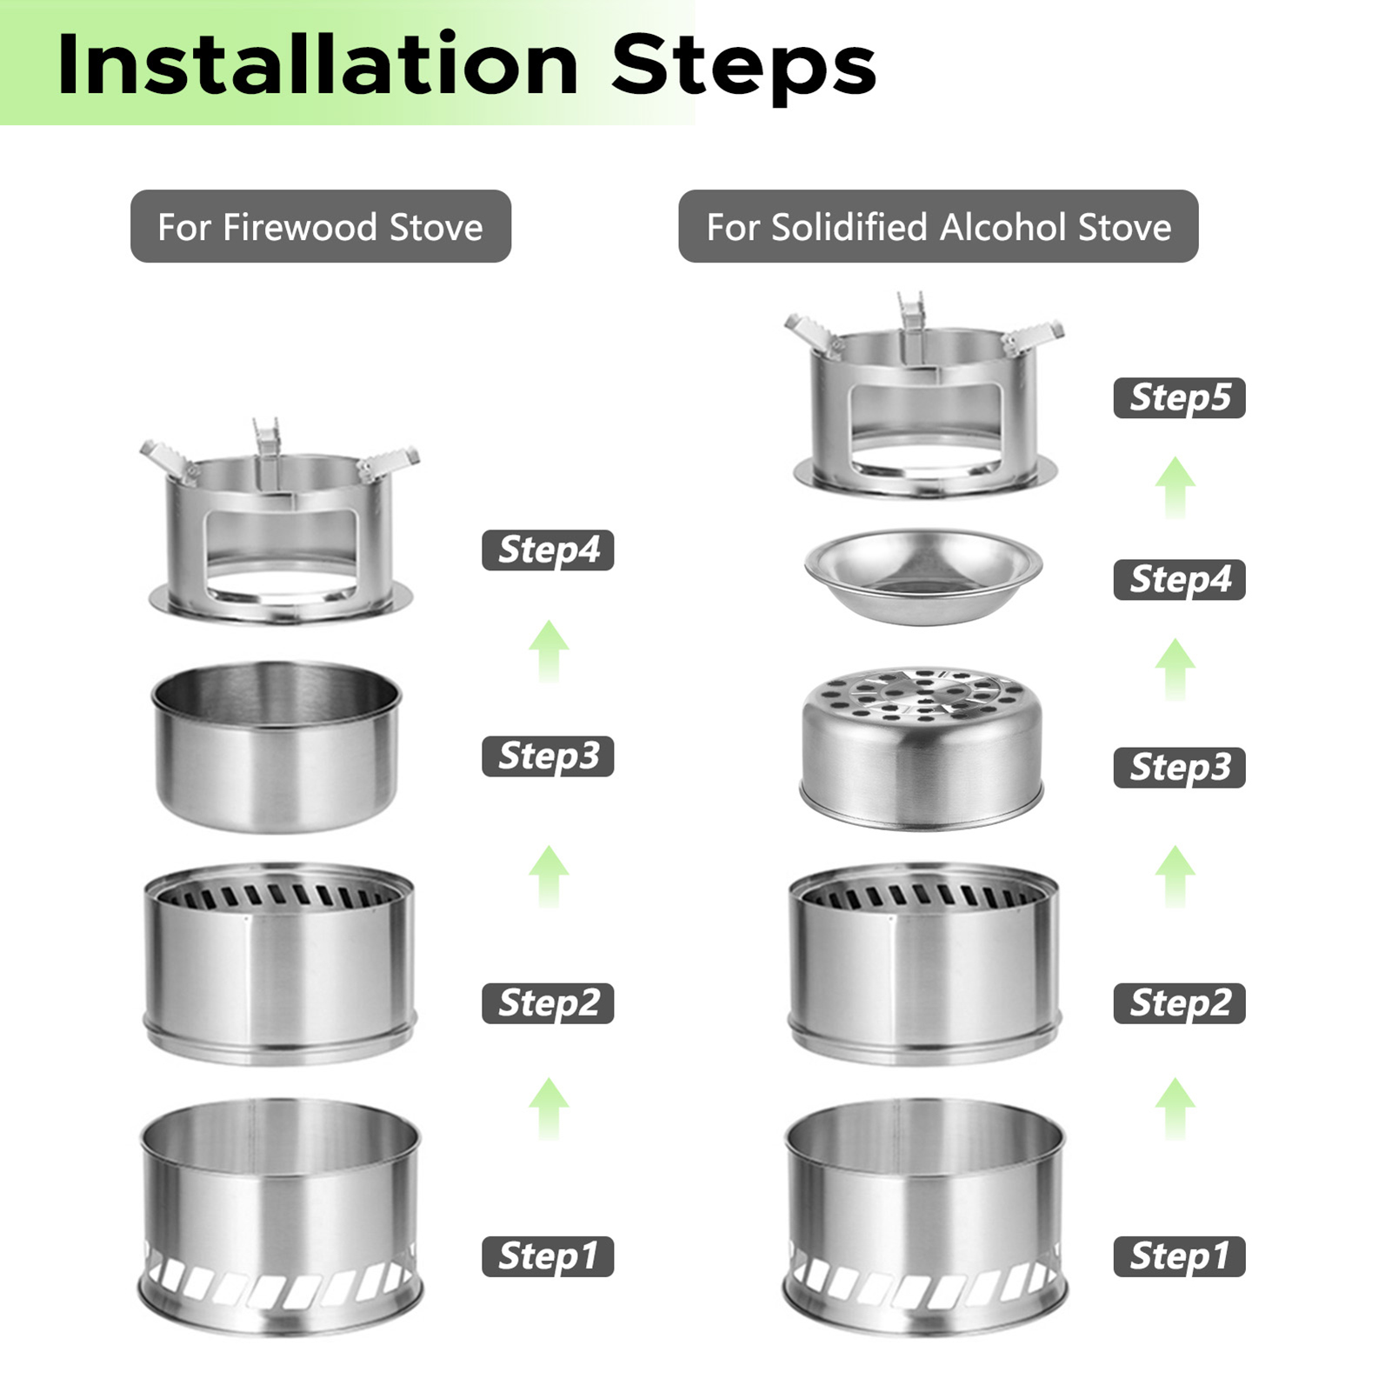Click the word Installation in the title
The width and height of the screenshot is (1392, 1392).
tap(318, 64)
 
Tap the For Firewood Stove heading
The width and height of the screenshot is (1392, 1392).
tap(320, 227)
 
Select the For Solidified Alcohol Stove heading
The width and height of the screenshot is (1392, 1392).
tap(938, 227)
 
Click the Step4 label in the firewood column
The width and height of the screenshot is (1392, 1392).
tap(549, 549)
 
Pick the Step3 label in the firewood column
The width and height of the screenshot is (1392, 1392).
tap(549, 756)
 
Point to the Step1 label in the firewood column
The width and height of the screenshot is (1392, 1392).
tap(549, 1256)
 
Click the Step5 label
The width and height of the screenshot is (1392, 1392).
tap(1180, 397)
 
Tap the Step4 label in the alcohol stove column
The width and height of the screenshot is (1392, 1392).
tap(1180, 579)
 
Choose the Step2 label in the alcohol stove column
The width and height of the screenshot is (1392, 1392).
tap(1180, 1003)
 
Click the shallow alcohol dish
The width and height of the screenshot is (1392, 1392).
tap(923, 576)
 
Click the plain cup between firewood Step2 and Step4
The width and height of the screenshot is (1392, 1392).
tap(276, 746)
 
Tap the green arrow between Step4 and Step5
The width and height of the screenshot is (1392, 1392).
tap(1176, 487)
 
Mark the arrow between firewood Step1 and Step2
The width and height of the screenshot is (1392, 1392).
tap(549, 1109)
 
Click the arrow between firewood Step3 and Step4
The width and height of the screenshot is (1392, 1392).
tap(549, 651)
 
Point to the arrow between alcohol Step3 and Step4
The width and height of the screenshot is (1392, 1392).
tap(1176, 669)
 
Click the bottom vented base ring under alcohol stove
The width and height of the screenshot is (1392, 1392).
tap(923, 1217)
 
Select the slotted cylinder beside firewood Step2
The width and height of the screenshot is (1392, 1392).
tap(280, 963)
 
